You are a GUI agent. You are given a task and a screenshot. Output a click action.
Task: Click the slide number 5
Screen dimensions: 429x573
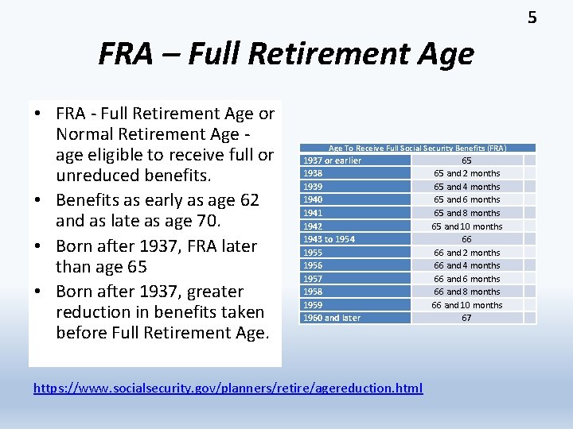pos(532,17)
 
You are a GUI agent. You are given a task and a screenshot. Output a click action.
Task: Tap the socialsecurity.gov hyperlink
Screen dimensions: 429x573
pos(228,388)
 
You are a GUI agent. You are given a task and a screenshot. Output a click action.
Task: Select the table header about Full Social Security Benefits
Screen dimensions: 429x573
pos(417,148)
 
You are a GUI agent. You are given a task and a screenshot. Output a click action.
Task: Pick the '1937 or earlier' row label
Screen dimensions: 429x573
pos(331,160)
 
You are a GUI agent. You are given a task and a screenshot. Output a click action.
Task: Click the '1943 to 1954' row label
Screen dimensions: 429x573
pos(328,239)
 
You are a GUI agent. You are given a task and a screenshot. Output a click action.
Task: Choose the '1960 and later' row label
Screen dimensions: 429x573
pos(330,318)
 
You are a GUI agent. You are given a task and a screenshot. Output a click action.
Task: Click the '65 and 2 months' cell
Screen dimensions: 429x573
pos(466,173)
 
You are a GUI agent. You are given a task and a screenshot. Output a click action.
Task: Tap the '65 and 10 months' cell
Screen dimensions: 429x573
pos(466,226)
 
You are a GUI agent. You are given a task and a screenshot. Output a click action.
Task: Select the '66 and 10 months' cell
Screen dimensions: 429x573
pos(466,305)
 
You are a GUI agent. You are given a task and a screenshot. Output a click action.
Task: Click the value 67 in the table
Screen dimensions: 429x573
pos(466,318)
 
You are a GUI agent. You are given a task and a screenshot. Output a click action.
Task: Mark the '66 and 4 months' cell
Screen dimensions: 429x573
pos(466,265)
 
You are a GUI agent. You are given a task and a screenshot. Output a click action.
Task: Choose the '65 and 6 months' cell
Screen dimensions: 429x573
pos(466,199)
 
